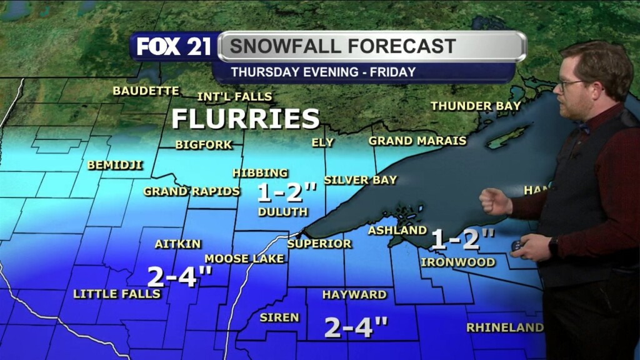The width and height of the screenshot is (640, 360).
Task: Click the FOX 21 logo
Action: (174, 47)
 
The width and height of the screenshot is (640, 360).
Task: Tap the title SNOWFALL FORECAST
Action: (342, 46)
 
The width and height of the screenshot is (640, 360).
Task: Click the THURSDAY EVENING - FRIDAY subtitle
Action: (323, 72)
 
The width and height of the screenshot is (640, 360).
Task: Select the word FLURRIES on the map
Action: (246, 118)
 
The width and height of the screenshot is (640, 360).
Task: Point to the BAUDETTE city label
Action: (146, 91)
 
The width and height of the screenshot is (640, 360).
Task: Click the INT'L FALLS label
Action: (234, 96)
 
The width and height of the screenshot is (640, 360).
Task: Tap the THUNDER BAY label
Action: (476, 106)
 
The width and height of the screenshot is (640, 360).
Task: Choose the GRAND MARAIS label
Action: (417, 141)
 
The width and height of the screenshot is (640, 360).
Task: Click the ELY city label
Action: (322, 142)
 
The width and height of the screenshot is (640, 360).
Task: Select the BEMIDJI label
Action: (115, 165)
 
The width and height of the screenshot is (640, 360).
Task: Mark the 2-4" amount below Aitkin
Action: (180, 276)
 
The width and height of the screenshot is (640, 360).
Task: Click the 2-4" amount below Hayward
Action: (356, 327)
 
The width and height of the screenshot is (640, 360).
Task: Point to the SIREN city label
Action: (279, 317)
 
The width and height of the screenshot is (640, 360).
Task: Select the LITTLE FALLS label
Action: (117, 294)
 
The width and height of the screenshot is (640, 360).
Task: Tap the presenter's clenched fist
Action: (495, 202)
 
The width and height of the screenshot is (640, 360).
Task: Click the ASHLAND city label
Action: (397, 231)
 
